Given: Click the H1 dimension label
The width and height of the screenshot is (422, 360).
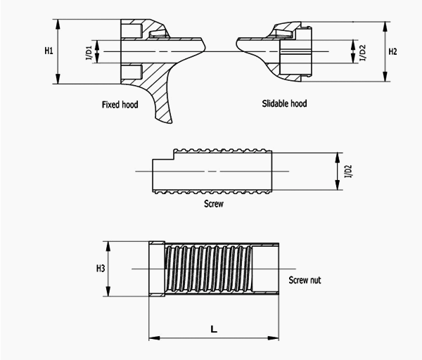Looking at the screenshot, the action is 49,51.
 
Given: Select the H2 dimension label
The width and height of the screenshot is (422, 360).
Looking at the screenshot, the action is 392,51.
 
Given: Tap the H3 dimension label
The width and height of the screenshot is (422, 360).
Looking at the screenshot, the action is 101,269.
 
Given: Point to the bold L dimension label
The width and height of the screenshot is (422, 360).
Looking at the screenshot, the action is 214,329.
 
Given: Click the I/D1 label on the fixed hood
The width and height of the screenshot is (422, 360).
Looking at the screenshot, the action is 89,53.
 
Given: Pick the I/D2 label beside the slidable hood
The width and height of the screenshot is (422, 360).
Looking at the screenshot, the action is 363,53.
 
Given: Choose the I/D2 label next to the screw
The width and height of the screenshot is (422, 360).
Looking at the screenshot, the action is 349,172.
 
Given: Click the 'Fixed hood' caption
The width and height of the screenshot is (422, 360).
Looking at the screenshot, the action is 120,104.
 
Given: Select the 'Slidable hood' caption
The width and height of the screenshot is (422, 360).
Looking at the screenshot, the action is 284,103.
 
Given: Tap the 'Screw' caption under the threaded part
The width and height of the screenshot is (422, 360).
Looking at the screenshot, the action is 214,204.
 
